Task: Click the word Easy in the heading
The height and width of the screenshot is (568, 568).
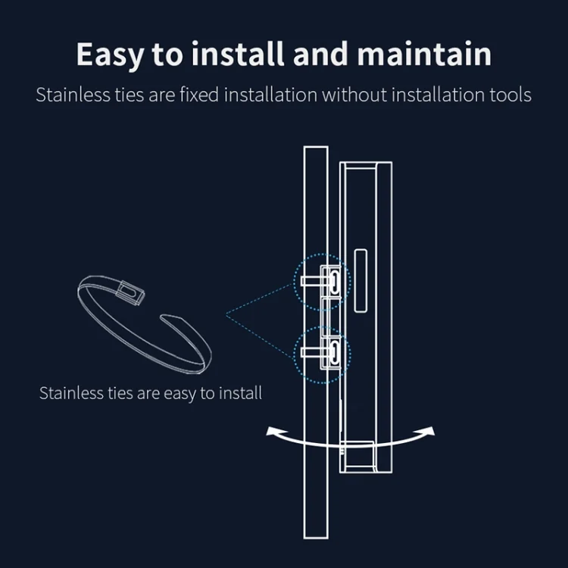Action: click(110, 55)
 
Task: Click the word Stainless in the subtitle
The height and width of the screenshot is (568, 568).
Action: click(73, 95)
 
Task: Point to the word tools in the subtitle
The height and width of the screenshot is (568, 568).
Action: click(510, 95)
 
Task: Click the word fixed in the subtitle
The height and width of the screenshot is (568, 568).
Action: click(199, 95)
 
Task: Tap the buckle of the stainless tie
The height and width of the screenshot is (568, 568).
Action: click(130, 292)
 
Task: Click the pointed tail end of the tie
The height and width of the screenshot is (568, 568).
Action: click(161, 317)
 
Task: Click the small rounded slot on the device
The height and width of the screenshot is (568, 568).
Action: click(360, 281)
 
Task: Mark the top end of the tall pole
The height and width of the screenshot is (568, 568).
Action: click(316, 147)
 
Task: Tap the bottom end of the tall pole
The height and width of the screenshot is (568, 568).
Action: click(316, 538)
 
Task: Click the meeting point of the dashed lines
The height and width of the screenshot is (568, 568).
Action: click(226, 315)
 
